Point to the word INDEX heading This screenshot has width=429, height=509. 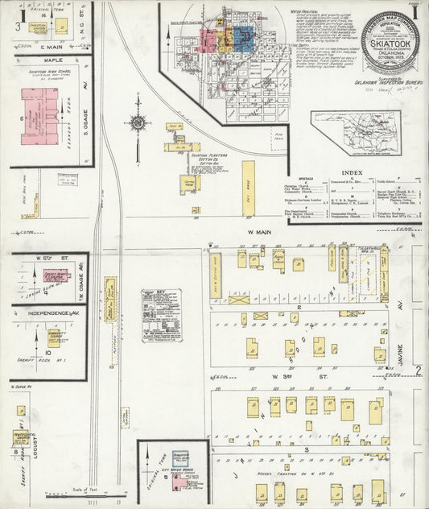coord(352,173)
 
